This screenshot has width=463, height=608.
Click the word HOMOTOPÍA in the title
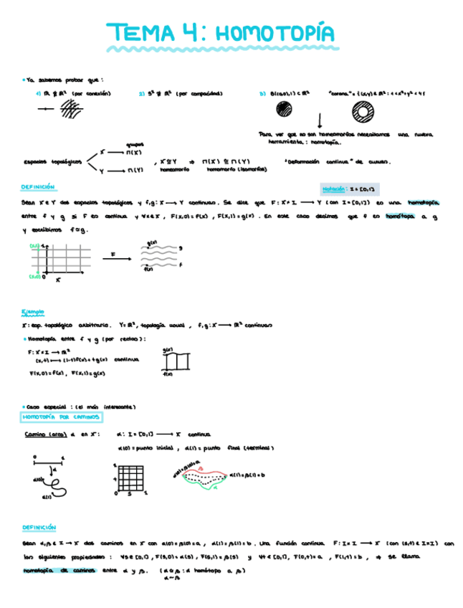[274, 33]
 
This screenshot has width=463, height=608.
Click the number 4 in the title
[183, 33]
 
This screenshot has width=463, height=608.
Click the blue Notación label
[334, 189]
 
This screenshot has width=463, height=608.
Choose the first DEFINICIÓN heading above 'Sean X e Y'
[39, 186]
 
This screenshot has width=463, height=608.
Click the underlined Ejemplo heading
[32, 312]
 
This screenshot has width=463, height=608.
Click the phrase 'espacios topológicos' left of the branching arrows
[52, 161]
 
